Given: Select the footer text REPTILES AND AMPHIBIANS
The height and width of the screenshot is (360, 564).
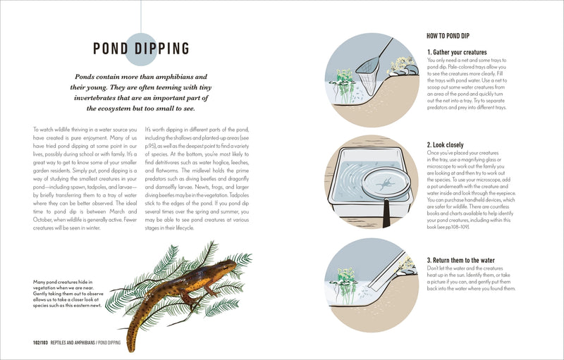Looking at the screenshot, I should tap(85, 342).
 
